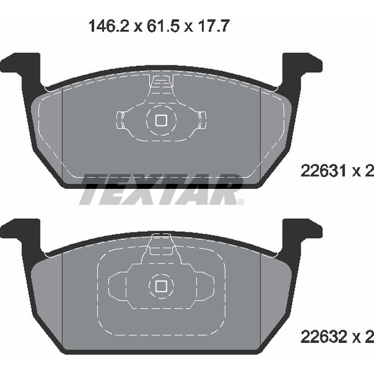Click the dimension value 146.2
coord(108,26)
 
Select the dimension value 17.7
coord(213,26)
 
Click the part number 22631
coord(324,171)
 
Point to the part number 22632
coord(324,337)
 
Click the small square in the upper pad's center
coord(161,120)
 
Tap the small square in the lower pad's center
coord(161,286)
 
